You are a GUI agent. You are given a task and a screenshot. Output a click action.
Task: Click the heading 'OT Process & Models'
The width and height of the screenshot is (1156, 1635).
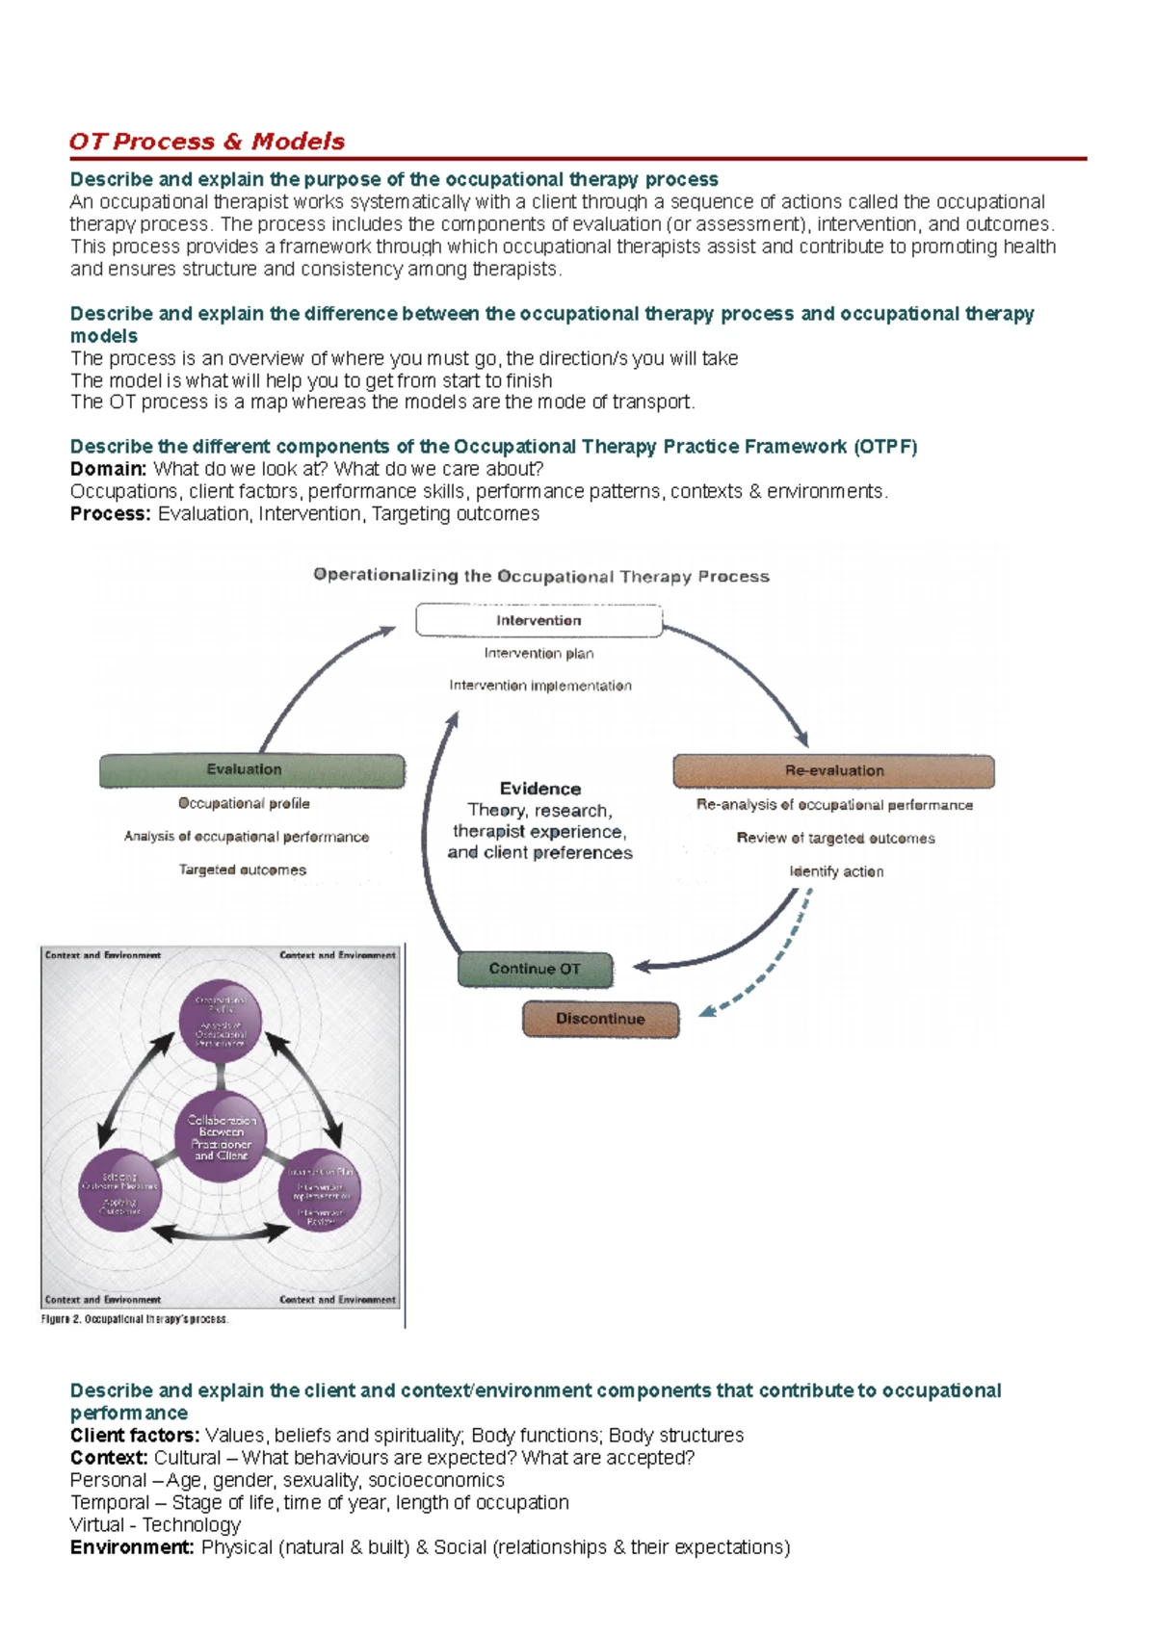pyautogui.click(x=206, y=142)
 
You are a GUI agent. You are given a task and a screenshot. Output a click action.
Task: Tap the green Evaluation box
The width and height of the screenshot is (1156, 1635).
pyautogui.click(x=251, y=770)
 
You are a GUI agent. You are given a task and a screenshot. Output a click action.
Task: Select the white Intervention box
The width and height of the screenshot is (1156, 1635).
pyautogui.click(x=539, y=621)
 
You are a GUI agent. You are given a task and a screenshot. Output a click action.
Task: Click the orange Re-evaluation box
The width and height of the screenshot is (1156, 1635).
pyautogui.click(x=833, y=771)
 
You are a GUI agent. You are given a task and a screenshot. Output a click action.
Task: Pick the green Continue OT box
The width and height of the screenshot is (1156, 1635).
pyautogui.click(x=535, y=969)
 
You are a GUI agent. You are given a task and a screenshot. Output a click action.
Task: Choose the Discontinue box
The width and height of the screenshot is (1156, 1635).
pyautogui.click(x=600, y=1019)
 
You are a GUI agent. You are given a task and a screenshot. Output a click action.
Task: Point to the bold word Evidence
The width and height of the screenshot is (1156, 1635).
pyautogui.click(x=539, y=789)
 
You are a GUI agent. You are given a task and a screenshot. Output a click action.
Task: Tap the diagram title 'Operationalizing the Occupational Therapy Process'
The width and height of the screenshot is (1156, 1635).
pyautogui.click(x=540, y=576)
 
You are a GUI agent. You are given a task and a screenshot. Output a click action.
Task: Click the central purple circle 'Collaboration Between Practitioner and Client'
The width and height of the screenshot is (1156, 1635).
pyautogui.click(x=222, y=1137)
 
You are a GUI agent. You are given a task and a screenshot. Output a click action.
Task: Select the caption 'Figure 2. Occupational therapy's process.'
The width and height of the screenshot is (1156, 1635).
pyautogui.click(x=134, y=1319)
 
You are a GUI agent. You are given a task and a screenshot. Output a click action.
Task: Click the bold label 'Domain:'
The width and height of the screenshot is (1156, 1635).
pyautogui.click(x=108, y=469)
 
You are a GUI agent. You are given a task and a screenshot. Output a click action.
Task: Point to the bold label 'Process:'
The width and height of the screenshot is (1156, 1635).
pyautogui.click(x=110, y=514)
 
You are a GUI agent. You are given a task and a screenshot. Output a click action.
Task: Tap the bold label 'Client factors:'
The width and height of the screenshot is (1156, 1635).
pyautogui.click(x=135, y=1436)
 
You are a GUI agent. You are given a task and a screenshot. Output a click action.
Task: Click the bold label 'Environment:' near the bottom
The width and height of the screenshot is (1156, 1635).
pyautogui.click(x=132, y=1547)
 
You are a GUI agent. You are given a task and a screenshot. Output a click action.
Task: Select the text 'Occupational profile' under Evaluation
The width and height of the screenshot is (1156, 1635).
pyautogui.click(x=244, y=803)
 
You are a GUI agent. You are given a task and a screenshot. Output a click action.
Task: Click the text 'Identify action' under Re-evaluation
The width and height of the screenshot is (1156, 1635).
pyautogui.click(x=836, y=871)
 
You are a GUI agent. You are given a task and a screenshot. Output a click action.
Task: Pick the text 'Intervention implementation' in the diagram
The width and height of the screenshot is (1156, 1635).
pyautogui.click(x=539, y=686)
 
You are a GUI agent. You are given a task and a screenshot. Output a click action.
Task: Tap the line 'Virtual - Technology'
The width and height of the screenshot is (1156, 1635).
pyautogui.click(x=155, y=1525)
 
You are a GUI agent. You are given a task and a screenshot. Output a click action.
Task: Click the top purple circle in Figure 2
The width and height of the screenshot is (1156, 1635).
pyautogui.click(x=221, y=1021)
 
